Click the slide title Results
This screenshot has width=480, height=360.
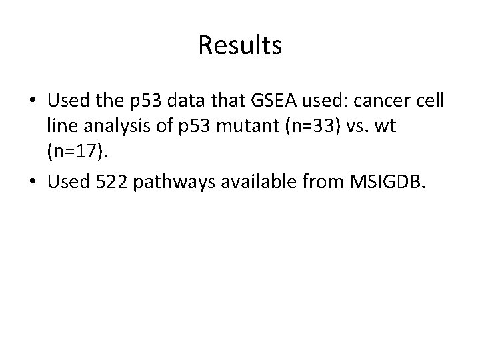[240, 45]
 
